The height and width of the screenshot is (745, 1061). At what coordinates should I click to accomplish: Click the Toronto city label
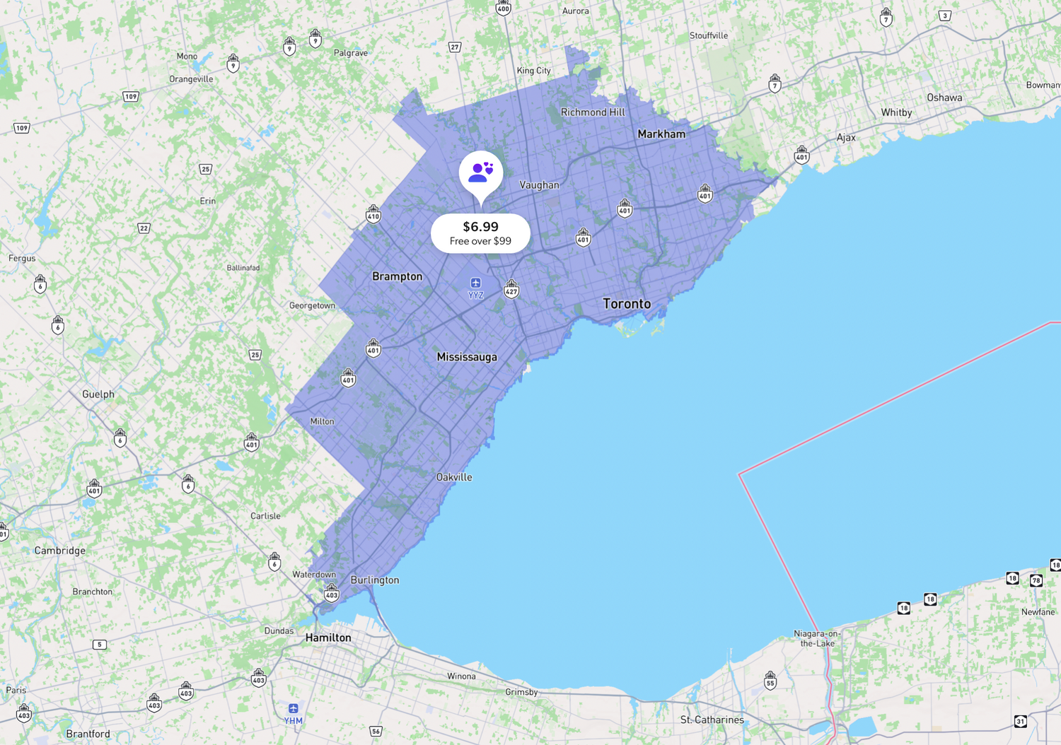(x=627, y=304)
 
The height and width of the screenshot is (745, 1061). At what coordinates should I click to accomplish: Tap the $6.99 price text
(x=481, y=227)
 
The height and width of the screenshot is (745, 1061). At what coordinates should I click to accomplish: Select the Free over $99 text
(x=481, y=241)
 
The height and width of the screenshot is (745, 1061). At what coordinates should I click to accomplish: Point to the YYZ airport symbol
(x=475, y=283)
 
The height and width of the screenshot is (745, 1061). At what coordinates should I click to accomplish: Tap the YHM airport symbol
(x=294, y=708)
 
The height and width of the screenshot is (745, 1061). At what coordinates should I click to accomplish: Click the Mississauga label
(x=467, y=357)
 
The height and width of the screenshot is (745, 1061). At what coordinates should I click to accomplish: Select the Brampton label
(x=398, y=276)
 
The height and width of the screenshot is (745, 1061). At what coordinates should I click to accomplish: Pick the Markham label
(x=661, y=134)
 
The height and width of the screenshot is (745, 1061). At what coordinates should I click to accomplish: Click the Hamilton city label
(x=328, y=638)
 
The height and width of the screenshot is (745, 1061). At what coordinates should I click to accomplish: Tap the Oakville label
(x=454, y=477)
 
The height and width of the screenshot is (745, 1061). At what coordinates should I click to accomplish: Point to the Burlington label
(x=375, y=580)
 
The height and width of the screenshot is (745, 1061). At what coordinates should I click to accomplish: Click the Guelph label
(x=98, y=394)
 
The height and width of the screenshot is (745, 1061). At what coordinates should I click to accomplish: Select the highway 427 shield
(x=511, y=289)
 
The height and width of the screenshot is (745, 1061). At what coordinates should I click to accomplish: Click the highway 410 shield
(x=373, y=214)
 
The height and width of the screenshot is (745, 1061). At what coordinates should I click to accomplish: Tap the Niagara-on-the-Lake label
(x=817, y=638)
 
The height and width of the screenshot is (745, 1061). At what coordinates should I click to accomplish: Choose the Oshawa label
(x=944, y=98)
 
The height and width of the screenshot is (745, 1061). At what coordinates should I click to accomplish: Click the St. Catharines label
(x=712, y=720)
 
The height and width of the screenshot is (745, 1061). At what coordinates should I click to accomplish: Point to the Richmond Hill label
(x=593, y=112)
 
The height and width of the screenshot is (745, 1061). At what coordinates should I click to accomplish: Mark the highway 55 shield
(x=770, y=681)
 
